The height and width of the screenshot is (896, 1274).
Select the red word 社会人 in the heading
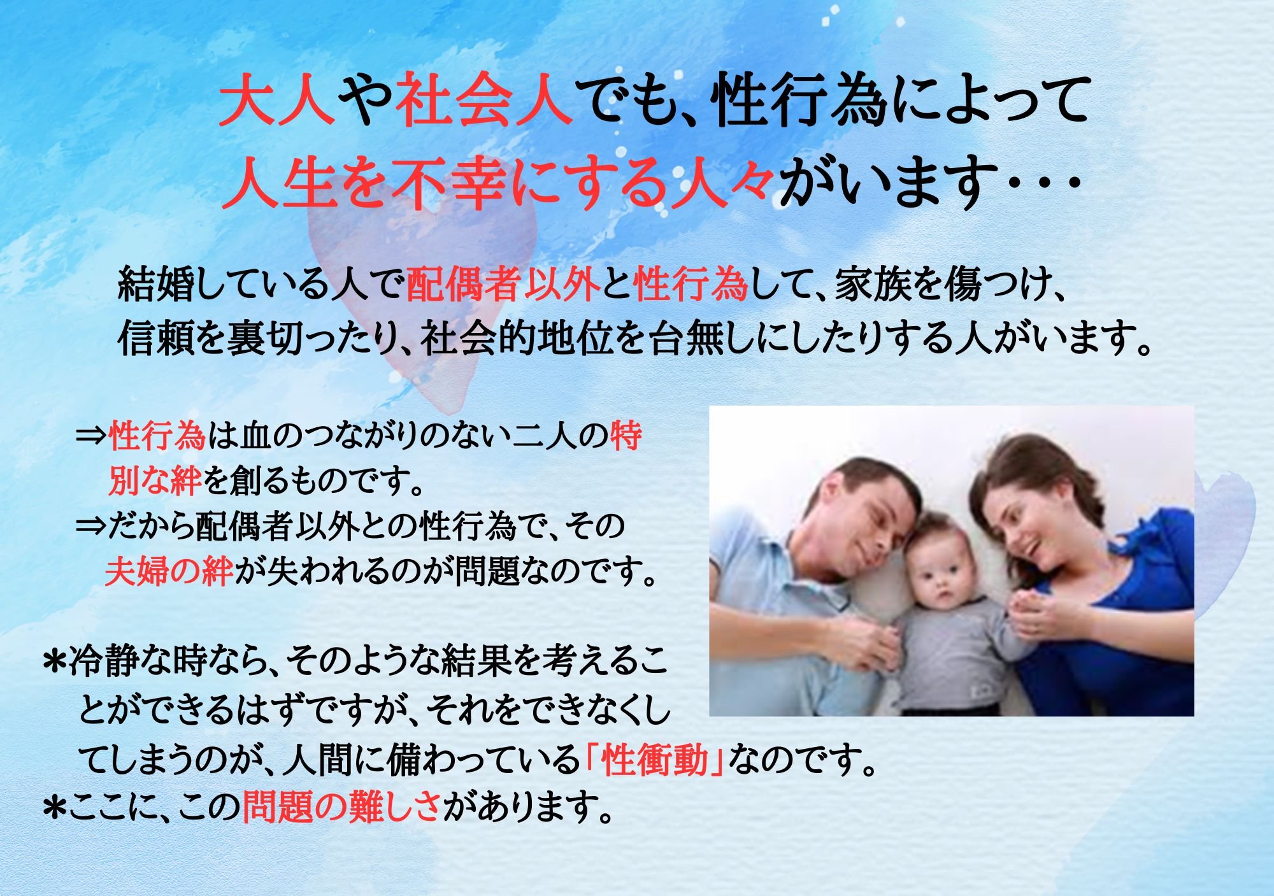pyautogui.click(x=483, y=101)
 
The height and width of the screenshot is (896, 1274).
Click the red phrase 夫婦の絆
pyautogui.click(x=169, y=571)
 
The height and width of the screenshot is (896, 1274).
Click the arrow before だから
pyautogui.click(x=91, y=527)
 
